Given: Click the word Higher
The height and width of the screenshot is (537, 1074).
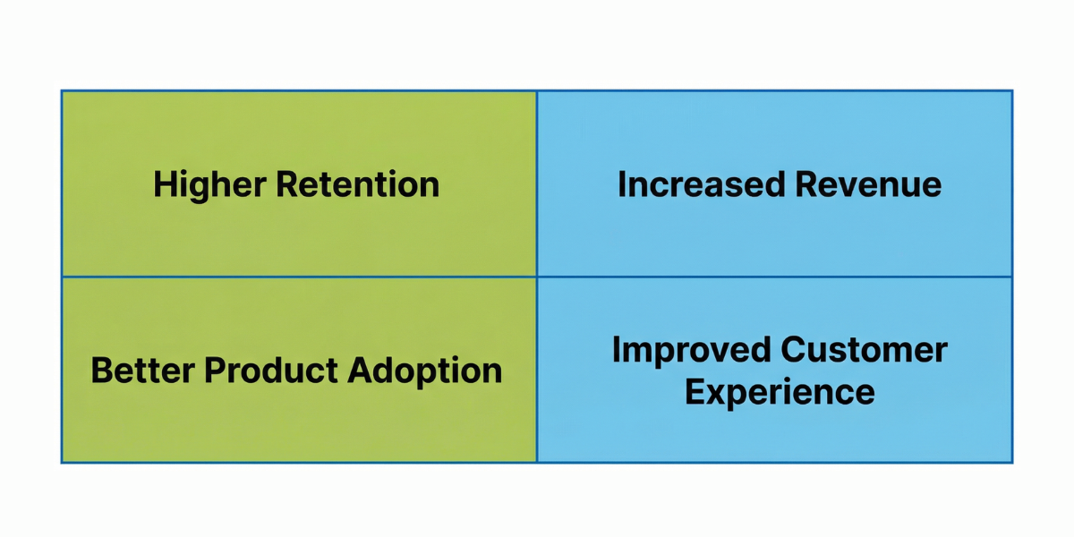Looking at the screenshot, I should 210,185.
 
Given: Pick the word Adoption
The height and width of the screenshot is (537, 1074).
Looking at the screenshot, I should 425,371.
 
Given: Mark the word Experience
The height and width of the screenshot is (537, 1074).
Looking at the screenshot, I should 780,392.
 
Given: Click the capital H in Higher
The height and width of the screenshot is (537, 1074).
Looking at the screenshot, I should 165,185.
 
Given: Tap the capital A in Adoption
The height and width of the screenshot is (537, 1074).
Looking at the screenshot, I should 360,371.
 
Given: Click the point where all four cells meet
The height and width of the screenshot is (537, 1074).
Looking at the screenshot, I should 537,277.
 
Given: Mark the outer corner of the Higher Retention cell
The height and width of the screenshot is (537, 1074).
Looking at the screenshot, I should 62,91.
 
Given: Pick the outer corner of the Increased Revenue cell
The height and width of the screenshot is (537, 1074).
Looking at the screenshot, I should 1012,91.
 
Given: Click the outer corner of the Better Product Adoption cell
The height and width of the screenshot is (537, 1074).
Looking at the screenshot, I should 62,462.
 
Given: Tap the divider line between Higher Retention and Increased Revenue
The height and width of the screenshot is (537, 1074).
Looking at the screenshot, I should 537,183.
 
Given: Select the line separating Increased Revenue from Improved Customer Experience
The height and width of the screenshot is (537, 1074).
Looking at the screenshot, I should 774,277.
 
